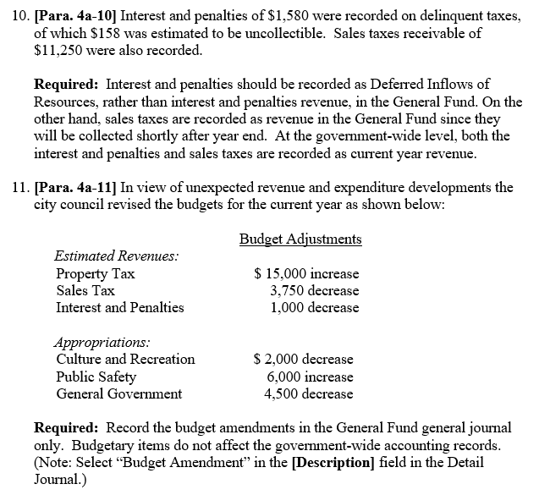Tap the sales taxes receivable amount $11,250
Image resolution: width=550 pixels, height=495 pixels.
point(58,50)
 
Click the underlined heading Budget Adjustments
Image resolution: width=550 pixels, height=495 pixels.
point(300,239)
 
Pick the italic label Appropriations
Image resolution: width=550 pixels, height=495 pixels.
point(102,343)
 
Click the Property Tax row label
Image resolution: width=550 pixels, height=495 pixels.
point(95,274)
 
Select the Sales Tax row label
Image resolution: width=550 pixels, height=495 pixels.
point(85,291)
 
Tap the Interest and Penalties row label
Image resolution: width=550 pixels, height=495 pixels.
point(119,308)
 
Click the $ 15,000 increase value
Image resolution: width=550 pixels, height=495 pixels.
point(306,274)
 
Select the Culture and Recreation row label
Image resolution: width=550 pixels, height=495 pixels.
point(125,360)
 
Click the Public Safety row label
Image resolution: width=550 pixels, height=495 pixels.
point(96,377)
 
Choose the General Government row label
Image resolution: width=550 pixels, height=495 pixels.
point(118,393)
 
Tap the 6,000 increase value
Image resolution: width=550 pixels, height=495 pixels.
point(310,377)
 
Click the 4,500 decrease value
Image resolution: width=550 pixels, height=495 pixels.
point(309,393)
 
